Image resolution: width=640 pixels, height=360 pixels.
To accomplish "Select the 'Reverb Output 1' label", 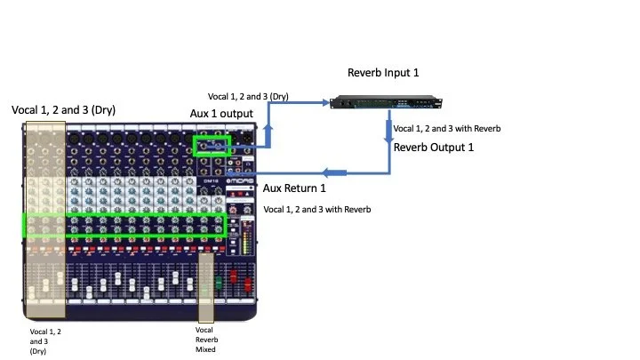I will pyautogui.click(x=434, y=147).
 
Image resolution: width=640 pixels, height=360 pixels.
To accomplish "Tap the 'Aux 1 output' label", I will pyautogui.click(x=221, y=115).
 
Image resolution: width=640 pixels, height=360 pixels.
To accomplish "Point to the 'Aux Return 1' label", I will pyautogui.click(x=294, y=188).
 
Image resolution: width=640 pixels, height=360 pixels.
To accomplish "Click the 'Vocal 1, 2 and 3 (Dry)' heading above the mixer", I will pyautogui.click(x=63, y=109).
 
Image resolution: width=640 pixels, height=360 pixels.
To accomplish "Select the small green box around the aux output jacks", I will pyautogui.click(x=212, y=145).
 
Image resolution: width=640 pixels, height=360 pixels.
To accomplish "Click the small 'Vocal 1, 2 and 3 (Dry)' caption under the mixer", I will pyautogui.click(x=45, y=340).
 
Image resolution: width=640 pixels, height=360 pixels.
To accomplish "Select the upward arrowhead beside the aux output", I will pyautogui.click(x=269, y=131).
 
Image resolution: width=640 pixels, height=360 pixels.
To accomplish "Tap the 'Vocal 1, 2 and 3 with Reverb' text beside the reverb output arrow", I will pyautogui.click(x=447, y=129).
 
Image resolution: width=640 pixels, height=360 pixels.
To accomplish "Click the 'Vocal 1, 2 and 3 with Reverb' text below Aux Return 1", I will pyautogui.click(x=317, y=210).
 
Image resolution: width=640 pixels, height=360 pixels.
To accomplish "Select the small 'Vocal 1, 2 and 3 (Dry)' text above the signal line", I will pyautogui.click(x=248, y=96).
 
